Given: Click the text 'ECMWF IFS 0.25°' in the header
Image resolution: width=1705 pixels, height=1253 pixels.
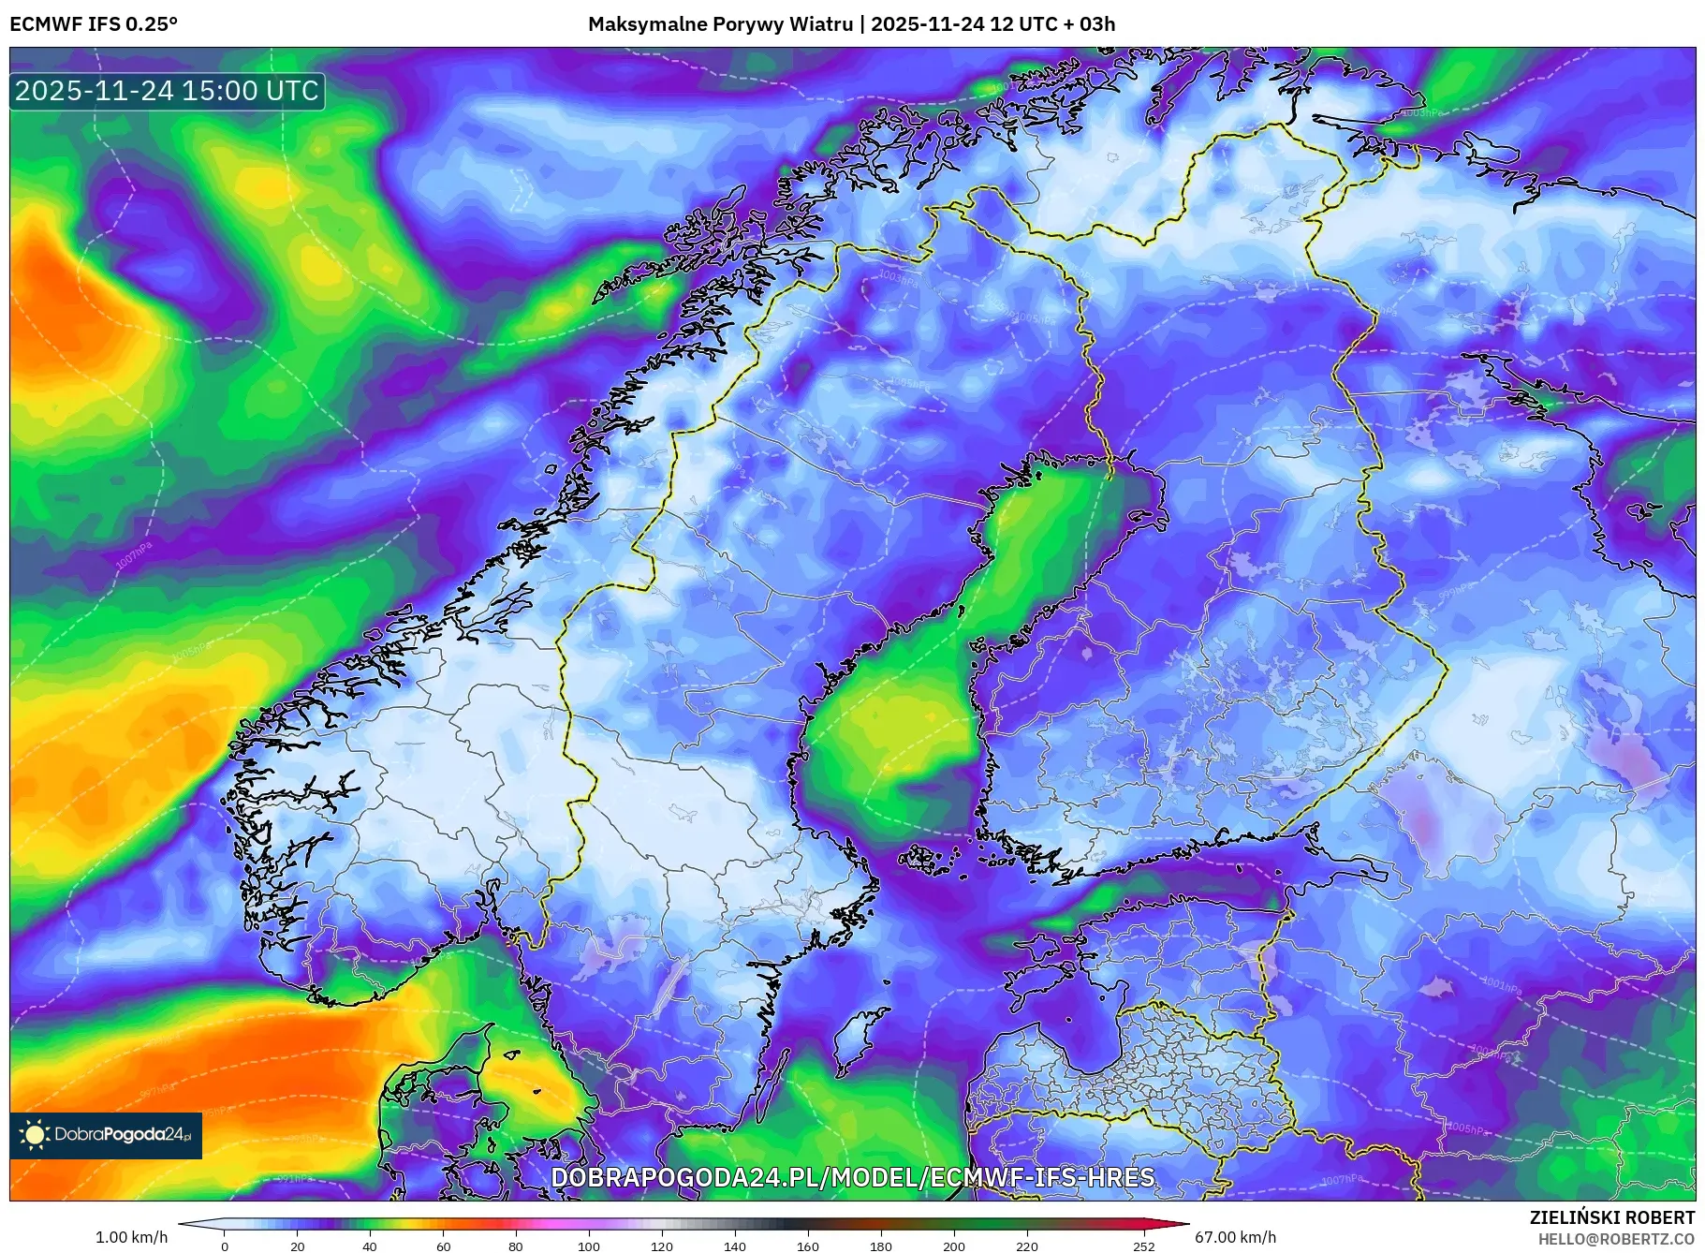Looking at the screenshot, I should (94, 24).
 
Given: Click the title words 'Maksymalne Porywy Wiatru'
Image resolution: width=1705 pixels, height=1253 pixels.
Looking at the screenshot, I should (721, 24).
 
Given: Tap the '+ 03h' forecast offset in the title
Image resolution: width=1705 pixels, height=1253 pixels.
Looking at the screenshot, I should (1087, 24).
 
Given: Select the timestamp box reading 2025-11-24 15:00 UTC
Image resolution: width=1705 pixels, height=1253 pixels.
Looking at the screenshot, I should (168, 91).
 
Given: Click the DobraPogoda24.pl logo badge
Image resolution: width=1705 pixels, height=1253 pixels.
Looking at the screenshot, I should (106, 1135).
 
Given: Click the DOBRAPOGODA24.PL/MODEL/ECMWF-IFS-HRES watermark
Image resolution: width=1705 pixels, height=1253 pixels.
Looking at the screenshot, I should (852, 1177).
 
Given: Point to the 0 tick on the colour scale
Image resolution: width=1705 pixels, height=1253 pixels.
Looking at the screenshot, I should (224, 1246).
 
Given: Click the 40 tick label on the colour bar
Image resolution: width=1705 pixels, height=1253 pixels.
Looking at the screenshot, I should (370, 1246).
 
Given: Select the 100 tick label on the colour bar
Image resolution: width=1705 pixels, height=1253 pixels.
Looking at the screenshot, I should (588, 1246).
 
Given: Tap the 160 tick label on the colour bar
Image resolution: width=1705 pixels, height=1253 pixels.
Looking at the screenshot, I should (807, 1246).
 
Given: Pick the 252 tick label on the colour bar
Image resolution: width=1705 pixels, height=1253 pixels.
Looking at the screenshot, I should (1143, 1246).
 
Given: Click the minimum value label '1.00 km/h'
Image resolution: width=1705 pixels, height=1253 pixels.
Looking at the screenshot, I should (132, 1237).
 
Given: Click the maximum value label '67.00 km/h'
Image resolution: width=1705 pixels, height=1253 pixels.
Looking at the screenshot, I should (1235, 1237).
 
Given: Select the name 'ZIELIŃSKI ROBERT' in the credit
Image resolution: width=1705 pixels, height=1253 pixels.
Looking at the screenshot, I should (1611, 1217).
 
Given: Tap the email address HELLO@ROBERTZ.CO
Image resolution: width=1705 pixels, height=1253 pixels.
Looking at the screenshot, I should (1616, 1239).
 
